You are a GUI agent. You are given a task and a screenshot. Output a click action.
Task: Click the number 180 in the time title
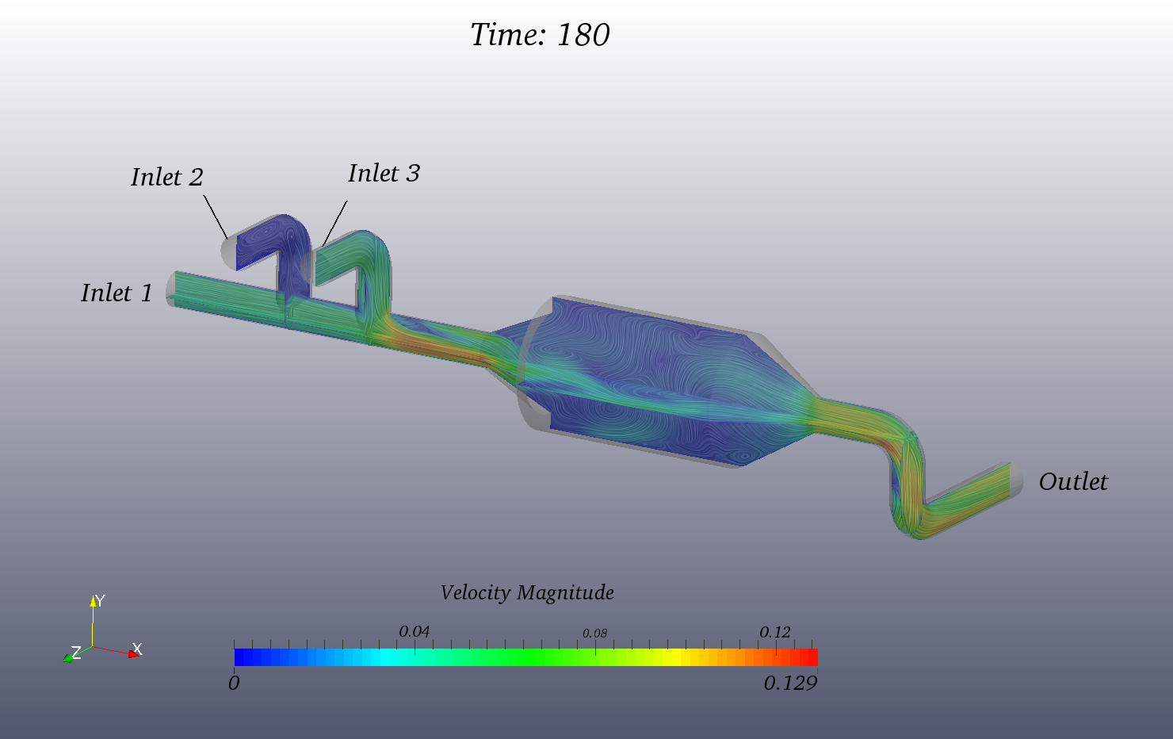tap(583, 35)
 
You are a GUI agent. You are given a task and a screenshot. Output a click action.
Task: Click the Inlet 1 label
tap(117, 293)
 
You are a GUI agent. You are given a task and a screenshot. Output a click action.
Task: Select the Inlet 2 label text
tap(167, 177)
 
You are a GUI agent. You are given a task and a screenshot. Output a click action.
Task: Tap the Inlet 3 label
tap(384, 174)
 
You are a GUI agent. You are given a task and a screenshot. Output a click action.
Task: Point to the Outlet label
tap(1073, 482)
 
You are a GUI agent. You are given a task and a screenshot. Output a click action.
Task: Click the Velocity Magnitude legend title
tap(527, 593)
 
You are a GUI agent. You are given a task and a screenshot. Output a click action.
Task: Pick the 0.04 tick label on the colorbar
tap(415, 632)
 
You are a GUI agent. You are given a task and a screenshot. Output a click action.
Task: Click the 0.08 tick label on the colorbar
tap(595, 634)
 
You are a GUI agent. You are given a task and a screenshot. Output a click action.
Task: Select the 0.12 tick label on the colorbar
tap(775, 632)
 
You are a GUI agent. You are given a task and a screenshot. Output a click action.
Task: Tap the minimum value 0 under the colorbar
tap(234, 683)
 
